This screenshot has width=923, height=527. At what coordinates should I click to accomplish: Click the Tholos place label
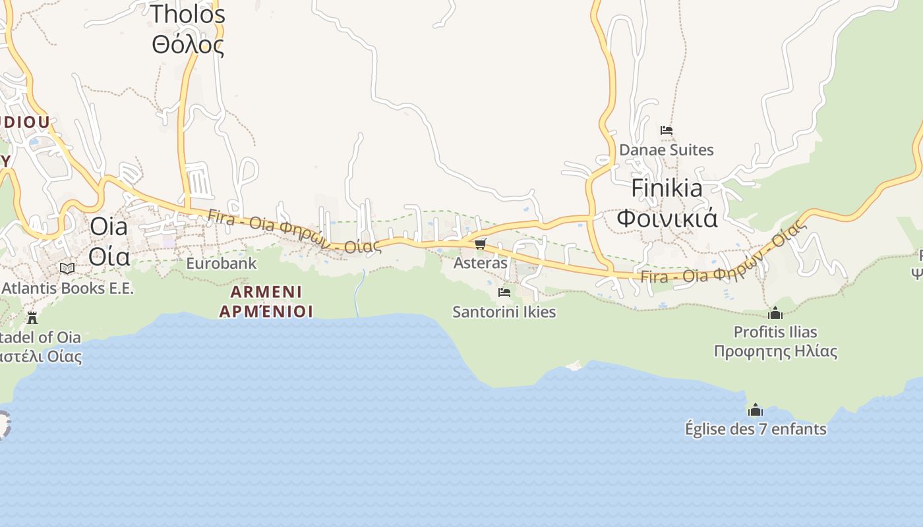[x=188, y=14]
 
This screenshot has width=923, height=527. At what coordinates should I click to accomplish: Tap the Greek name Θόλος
[x=188, y=45]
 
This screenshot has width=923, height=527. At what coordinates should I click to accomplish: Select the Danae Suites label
[x=666, y=150]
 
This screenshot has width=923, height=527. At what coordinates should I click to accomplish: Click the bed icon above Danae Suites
[x=667, y=130]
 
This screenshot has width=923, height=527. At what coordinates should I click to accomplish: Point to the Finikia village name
[x=667, y=188]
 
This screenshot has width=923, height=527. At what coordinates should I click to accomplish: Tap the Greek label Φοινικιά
[x=667, y=217]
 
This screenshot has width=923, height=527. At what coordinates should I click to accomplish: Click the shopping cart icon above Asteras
[x=480, y=244]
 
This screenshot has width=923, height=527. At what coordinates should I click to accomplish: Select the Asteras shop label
[x=480, y=263]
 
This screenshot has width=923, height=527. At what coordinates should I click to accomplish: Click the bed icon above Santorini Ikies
[x=504, y=292]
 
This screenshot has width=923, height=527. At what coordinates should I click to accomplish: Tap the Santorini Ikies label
[x=504, y=312]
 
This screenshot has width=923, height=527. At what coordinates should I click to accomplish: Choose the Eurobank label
[x=221, y=263]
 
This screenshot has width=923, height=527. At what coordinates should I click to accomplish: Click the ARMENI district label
[x=266, y=291]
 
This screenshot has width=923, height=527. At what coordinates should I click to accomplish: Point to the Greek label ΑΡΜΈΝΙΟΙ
[x=266, y=311]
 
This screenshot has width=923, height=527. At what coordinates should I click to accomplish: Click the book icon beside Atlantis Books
[x=67, y=268]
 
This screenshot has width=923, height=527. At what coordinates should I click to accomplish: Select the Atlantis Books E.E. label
[x=67, y=288]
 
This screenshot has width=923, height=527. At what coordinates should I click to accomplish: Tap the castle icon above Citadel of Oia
[x=32, y=318]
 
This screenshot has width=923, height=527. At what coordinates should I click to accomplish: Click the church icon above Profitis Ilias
[x=775, y=313]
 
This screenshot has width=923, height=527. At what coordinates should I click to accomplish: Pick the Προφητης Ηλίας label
[x=775, y=351]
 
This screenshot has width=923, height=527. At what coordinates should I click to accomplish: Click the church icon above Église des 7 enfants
[x=756, y=410]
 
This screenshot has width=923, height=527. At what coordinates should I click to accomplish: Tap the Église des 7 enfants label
[x=756, y=430]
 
